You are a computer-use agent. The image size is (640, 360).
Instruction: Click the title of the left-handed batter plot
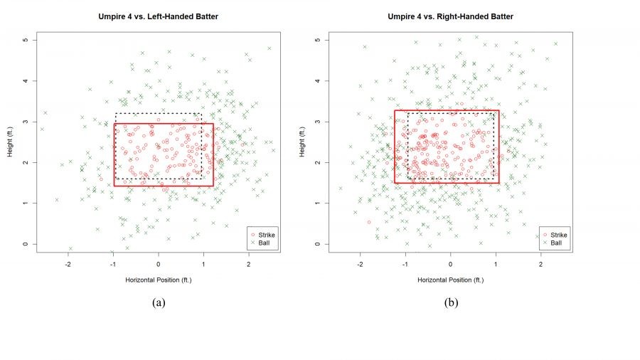pos(158,16)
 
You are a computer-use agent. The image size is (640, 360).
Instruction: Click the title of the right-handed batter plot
pos(450,16)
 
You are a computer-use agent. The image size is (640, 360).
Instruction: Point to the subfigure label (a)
pos(159,302)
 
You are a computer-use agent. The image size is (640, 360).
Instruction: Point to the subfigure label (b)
pos(451,302)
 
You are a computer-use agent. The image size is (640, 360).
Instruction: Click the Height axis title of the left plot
pos(11,142)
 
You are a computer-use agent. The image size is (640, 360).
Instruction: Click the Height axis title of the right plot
pos(303,142)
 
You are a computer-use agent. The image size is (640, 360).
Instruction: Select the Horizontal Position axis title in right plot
pos(450,280)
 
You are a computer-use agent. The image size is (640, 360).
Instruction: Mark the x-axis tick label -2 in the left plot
pos(68,264)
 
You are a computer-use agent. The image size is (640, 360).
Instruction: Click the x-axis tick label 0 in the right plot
pos(450,264)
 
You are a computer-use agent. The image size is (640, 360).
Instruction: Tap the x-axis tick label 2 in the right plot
pos(540,264)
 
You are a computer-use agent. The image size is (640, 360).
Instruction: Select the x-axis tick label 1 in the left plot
pos(203,264)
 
